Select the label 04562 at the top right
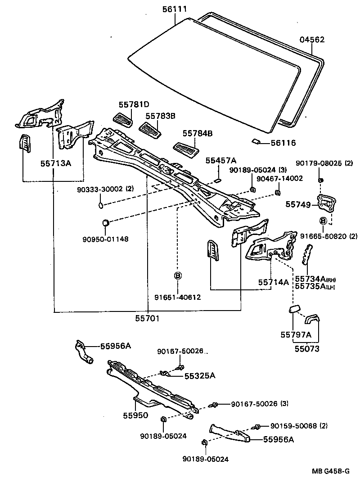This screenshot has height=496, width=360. click(312, 40)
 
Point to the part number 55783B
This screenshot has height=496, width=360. click(160, 116)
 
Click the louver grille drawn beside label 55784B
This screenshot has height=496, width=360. click(186, 148)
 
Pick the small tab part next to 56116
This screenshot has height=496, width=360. click(255, 142)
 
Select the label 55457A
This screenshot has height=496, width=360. click(221, 160)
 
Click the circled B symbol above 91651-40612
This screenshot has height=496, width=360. click(178, 275)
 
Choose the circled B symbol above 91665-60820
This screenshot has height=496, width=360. click(323, 221)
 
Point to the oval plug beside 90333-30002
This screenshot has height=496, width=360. click(100, 206)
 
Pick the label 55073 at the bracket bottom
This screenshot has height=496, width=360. click(307, 348)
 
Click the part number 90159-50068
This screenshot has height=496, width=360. click(295, 425)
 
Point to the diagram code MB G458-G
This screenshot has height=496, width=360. click(331, 471)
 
